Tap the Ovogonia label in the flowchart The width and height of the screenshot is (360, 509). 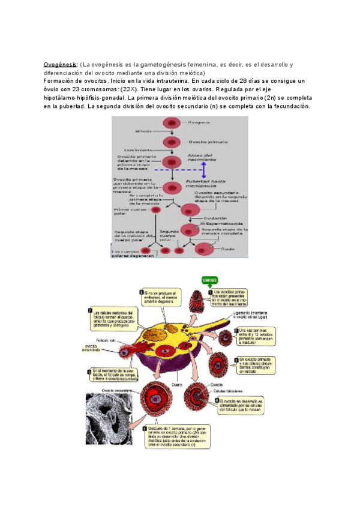(x=199, y=122)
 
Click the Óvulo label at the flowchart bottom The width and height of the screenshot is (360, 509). (x=227, y=247)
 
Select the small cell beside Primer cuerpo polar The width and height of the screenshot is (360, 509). (x=155, y=209)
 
